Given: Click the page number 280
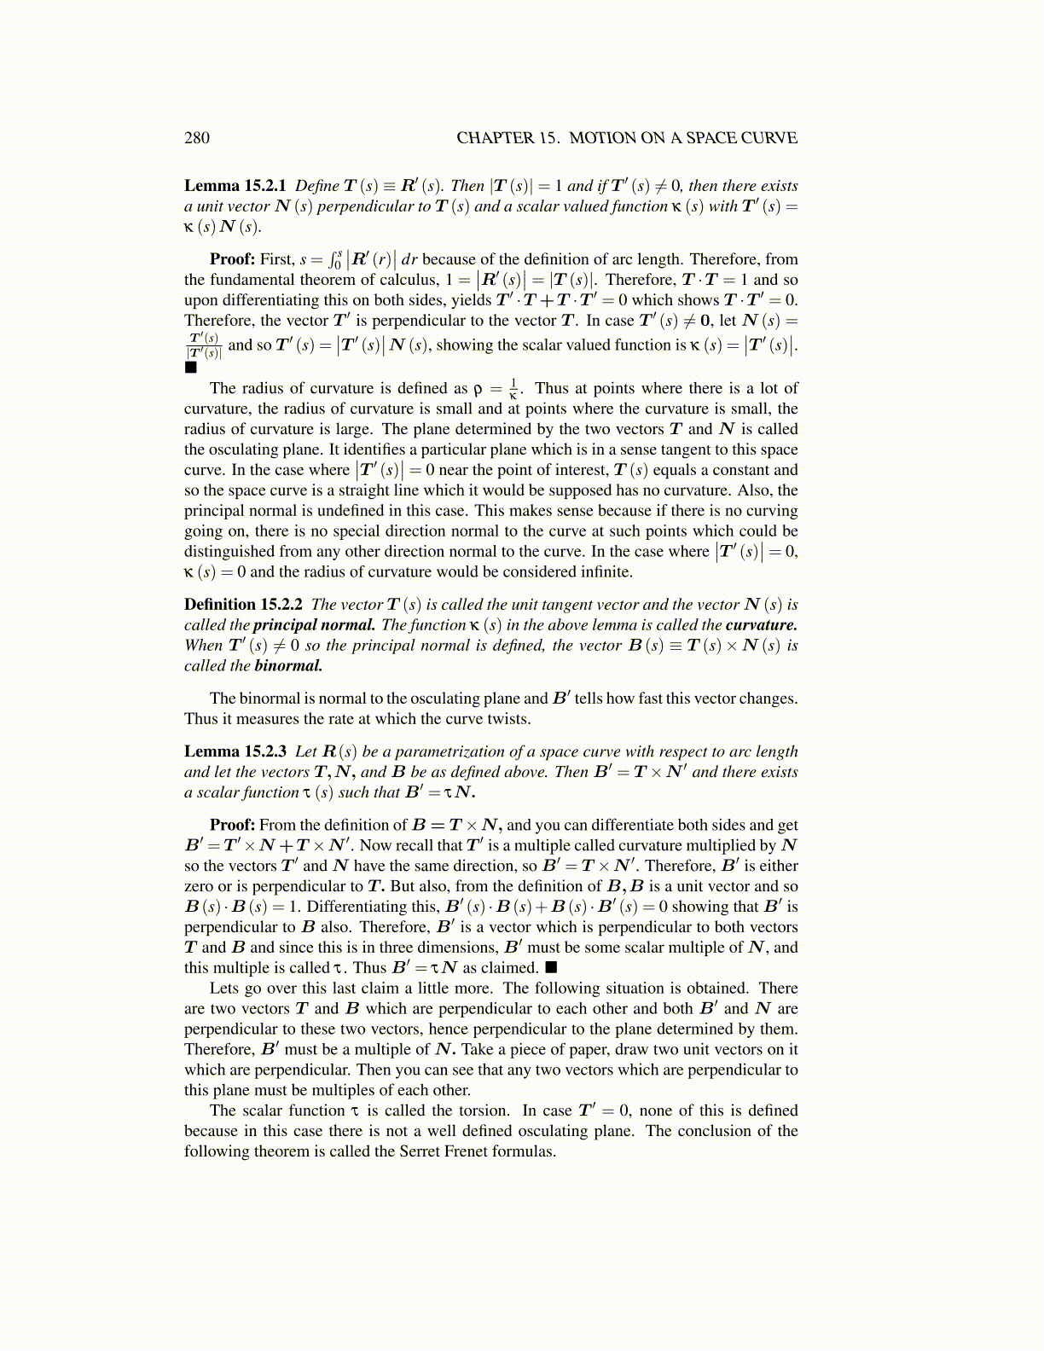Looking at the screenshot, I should point(196,138).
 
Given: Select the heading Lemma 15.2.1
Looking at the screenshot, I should point(235,186).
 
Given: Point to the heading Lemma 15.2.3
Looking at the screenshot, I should point(235,751).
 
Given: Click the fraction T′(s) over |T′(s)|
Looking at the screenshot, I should point(204,345).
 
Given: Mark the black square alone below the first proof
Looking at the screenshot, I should point(190,368).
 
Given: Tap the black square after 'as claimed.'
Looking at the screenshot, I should point(551,968).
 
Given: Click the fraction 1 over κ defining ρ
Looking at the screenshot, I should point(513,389).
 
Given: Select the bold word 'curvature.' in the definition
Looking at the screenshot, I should point(762,625).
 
